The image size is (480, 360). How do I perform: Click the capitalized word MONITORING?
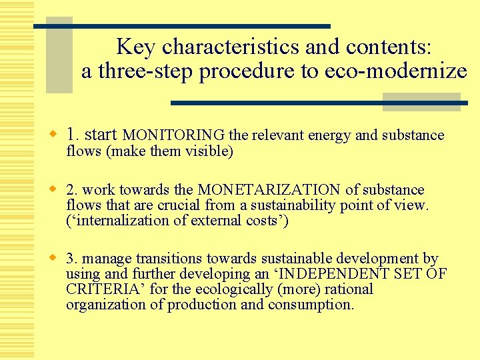point(175,135)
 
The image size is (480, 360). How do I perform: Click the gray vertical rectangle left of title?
point(59,57)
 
